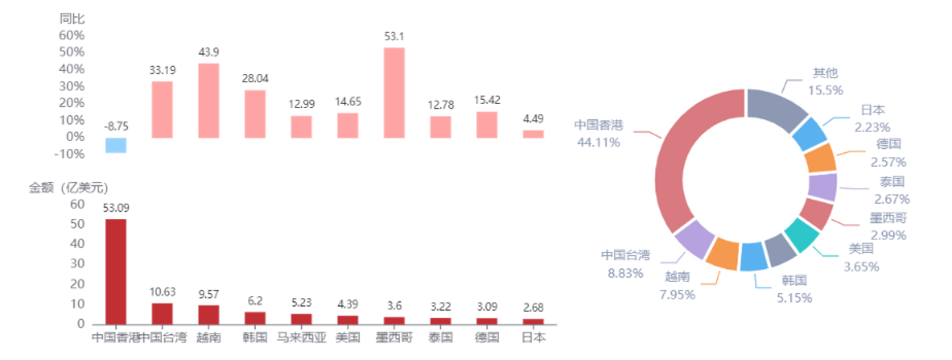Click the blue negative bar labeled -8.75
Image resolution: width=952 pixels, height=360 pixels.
115,145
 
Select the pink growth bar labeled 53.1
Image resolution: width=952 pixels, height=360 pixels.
394,93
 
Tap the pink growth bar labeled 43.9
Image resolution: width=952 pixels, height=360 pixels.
209,101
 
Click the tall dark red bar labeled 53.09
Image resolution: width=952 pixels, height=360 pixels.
115,272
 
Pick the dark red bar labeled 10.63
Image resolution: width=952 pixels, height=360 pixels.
162,314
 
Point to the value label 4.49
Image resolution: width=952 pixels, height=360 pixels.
533,119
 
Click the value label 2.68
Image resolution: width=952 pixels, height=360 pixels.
533,307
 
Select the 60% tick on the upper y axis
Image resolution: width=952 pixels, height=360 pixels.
72,36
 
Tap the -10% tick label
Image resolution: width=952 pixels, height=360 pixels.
69,154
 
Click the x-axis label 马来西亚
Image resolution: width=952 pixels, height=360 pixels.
301,338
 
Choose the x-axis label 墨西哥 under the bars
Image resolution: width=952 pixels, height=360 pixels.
394,338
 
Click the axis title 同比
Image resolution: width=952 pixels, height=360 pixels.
72,18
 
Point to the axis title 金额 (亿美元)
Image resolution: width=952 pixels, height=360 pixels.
69,187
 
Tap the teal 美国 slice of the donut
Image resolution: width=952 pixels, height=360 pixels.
802,235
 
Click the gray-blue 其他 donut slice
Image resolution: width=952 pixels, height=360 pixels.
776,108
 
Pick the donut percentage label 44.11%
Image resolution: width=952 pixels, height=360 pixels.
599,142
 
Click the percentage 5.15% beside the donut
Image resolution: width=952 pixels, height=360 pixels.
794,298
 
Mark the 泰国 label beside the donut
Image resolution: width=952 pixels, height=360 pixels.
892,181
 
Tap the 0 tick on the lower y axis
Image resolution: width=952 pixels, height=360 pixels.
80,324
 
